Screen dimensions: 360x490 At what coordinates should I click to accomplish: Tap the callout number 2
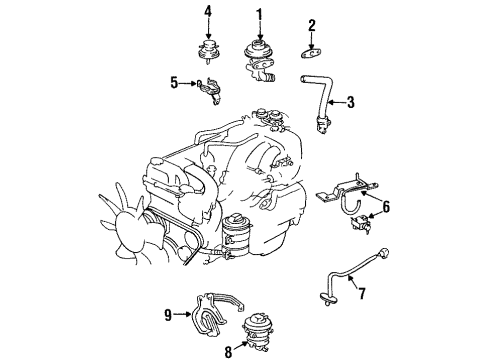tap(312, 25)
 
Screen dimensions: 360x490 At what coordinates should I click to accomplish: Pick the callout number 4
tap(208, 12)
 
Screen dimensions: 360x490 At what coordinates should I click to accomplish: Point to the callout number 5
tap(173, 82)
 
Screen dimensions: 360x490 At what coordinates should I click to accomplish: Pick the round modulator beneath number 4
tap(208, 51)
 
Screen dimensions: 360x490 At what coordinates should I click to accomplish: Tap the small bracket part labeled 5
tap(208, 88)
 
